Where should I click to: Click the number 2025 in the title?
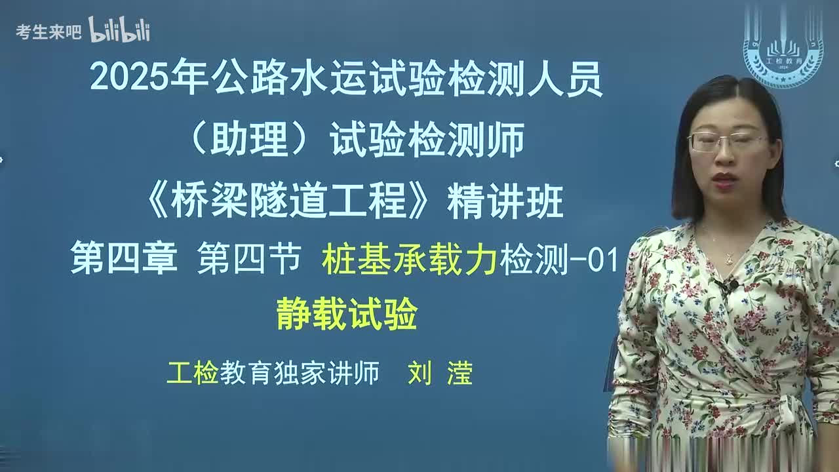coord(129,79)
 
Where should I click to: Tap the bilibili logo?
coord(119,30)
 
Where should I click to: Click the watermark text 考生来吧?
coord(49,31)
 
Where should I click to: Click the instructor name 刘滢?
coord(440,373)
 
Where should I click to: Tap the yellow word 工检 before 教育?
coord(192,373)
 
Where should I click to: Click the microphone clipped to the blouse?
coord(728,286)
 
